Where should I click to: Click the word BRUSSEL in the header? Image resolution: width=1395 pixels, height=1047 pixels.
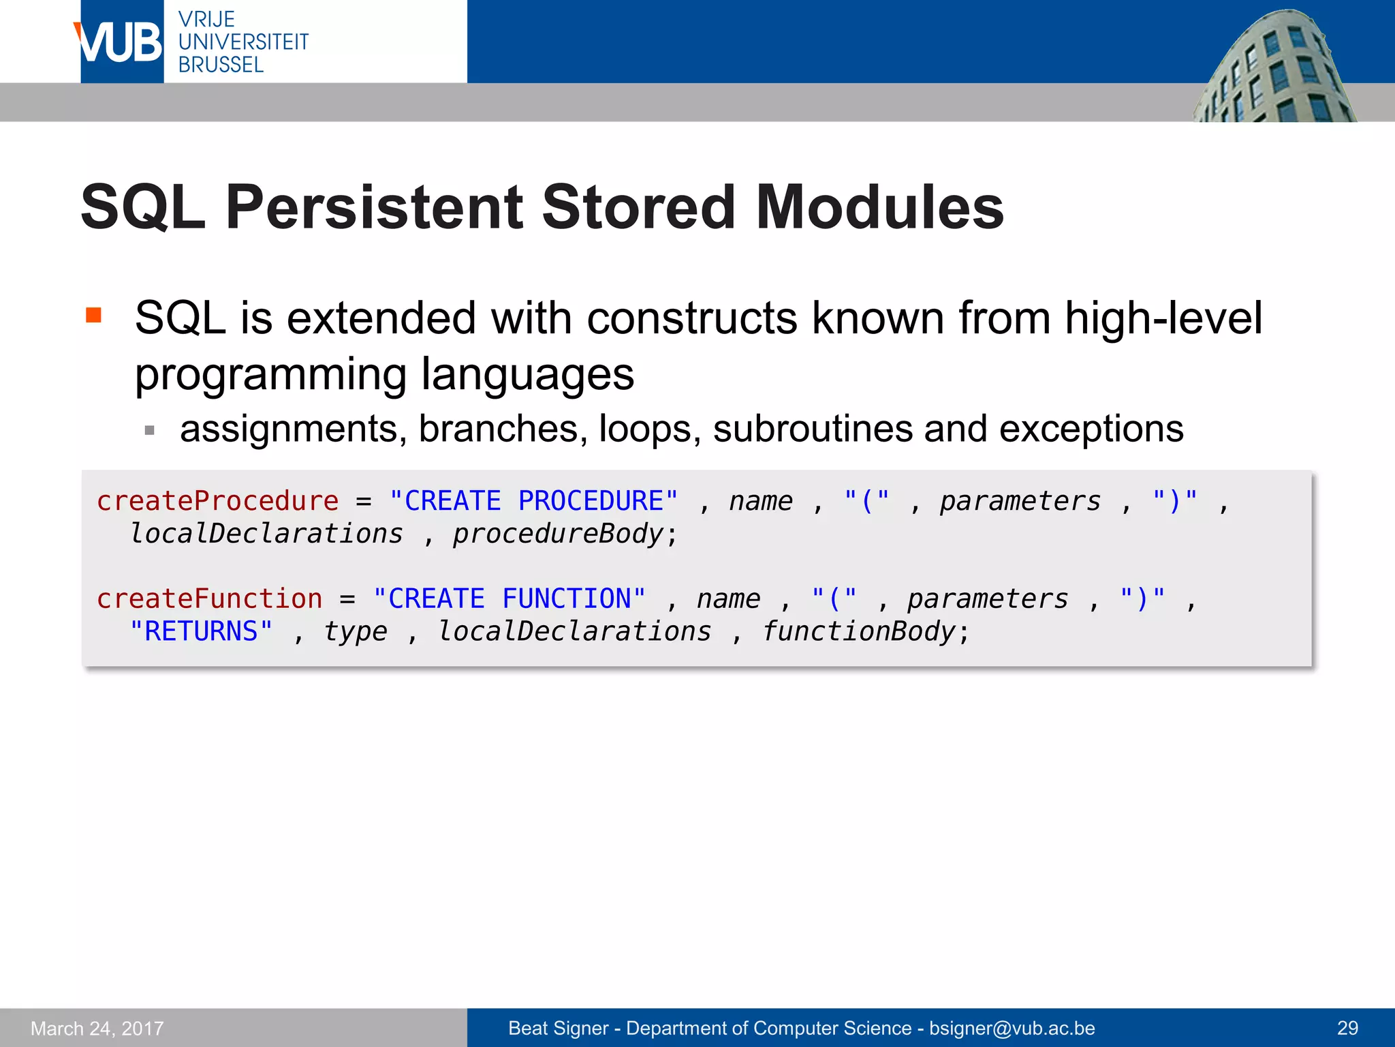[x=221, y=65]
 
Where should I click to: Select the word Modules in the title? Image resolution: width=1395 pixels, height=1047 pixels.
[x=879, y=207]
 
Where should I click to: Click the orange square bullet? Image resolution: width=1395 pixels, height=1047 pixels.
[x=93, y=315]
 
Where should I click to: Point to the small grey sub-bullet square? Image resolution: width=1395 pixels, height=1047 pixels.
[x=150, y=431]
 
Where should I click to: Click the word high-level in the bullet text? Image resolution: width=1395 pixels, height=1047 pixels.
[x=1163, y=318]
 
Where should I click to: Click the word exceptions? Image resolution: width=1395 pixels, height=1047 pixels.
[x=1091, y=429]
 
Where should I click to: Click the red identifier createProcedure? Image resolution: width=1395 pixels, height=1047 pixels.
[x=217, y=501]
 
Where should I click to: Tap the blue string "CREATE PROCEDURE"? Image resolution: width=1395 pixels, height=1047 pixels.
[x=533, y=501]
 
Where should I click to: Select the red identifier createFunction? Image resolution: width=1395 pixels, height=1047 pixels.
[x=209, y=598]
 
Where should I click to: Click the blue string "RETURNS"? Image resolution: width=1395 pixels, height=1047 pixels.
[x=201, y=631]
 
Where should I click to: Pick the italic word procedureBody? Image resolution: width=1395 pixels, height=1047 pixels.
[x=558, y=534]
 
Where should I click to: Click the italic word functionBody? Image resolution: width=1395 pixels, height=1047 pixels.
[x=858, y=631]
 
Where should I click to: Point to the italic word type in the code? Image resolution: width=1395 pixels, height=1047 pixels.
[x=355, y=632]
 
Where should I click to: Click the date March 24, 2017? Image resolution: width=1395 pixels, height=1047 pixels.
[x=97, y=1028]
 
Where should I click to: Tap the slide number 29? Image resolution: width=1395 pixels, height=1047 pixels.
[x=1347, y=1028]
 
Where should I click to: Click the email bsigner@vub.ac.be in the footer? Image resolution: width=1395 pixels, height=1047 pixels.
[x=1012, y=1028]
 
